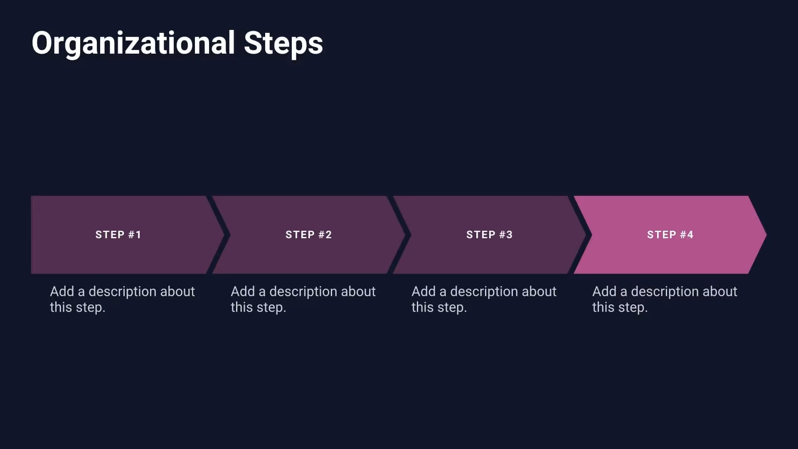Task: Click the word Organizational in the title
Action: pyautogui.click(x=133, y=43)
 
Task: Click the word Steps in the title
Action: pyautogui.click(x=283, y=43)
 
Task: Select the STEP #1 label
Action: pyautogui.click(x=118, y=235)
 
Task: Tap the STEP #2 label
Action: pyautogui.click(x=308, y=235)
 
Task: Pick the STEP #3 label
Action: pyautogui.click(x=489, y=235)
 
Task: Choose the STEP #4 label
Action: pyautogui.click(x=670, y=235)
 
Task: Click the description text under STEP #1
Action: pyautogui.click(x=122, y=299)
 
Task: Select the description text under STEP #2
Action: pyautogui.click(x=303, y=299)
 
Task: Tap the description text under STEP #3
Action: pyautogui.click(x=483, y=299)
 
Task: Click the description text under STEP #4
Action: pyautogui.click(x=664, y=299)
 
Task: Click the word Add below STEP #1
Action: pyautogui.click(x=62, y=291)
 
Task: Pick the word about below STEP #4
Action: pyautogui.click(x=719, y=291)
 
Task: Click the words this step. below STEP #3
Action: pyautogui.click(x=439, y=308)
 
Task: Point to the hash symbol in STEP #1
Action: pyautogui.click(x=131, y=235)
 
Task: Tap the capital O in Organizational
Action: pyautogui.click(x=43, y=43)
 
